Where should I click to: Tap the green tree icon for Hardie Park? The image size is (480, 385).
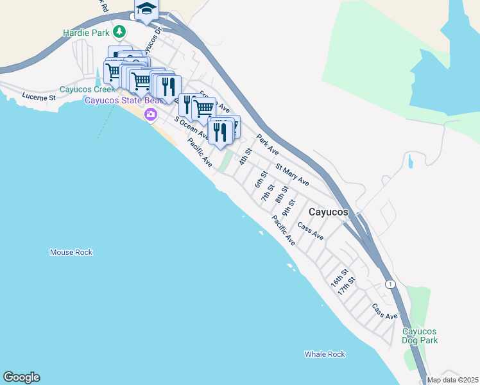click(x=119, y=31)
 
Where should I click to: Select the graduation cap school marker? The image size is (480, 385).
click(x=146, y=9)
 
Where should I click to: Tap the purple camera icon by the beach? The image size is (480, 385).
click(x=151, y=115)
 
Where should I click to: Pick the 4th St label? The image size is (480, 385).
click(x=244, y=157)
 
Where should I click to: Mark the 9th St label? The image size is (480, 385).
click(x=289, y=210)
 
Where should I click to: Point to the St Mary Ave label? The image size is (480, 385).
click(x=292, y=175)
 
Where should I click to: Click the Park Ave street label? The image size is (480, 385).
click(x=268, y=144)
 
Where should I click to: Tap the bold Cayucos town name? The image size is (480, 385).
click(x=329, y=211)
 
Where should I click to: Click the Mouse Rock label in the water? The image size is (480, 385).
click(x=71, y=252)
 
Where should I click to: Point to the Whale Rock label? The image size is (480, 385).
click(x=325, y=354)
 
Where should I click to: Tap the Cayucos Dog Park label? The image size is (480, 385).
click(x=420, y=336)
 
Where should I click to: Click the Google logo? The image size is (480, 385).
click(x=21, y=377)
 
